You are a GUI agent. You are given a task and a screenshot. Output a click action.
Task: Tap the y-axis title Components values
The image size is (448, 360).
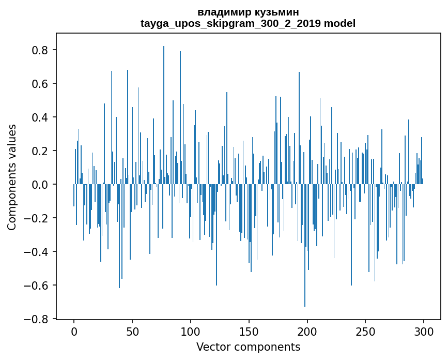tap(12, 177)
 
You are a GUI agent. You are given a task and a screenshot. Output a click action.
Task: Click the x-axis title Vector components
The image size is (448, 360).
tap(248, 347)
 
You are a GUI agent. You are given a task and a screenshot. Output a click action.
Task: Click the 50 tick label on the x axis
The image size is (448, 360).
tap(132, 331)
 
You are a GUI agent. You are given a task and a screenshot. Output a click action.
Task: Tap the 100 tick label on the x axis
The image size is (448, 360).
tap(191, 331)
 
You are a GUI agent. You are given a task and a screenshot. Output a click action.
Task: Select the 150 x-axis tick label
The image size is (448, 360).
tap(249, 331)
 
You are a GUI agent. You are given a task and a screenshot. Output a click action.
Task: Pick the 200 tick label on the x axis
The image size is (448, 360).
tap(307, 331)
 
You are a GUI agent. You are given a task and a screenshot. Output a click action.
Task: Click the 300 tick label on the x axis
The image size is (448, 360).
tap(424, 331)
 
